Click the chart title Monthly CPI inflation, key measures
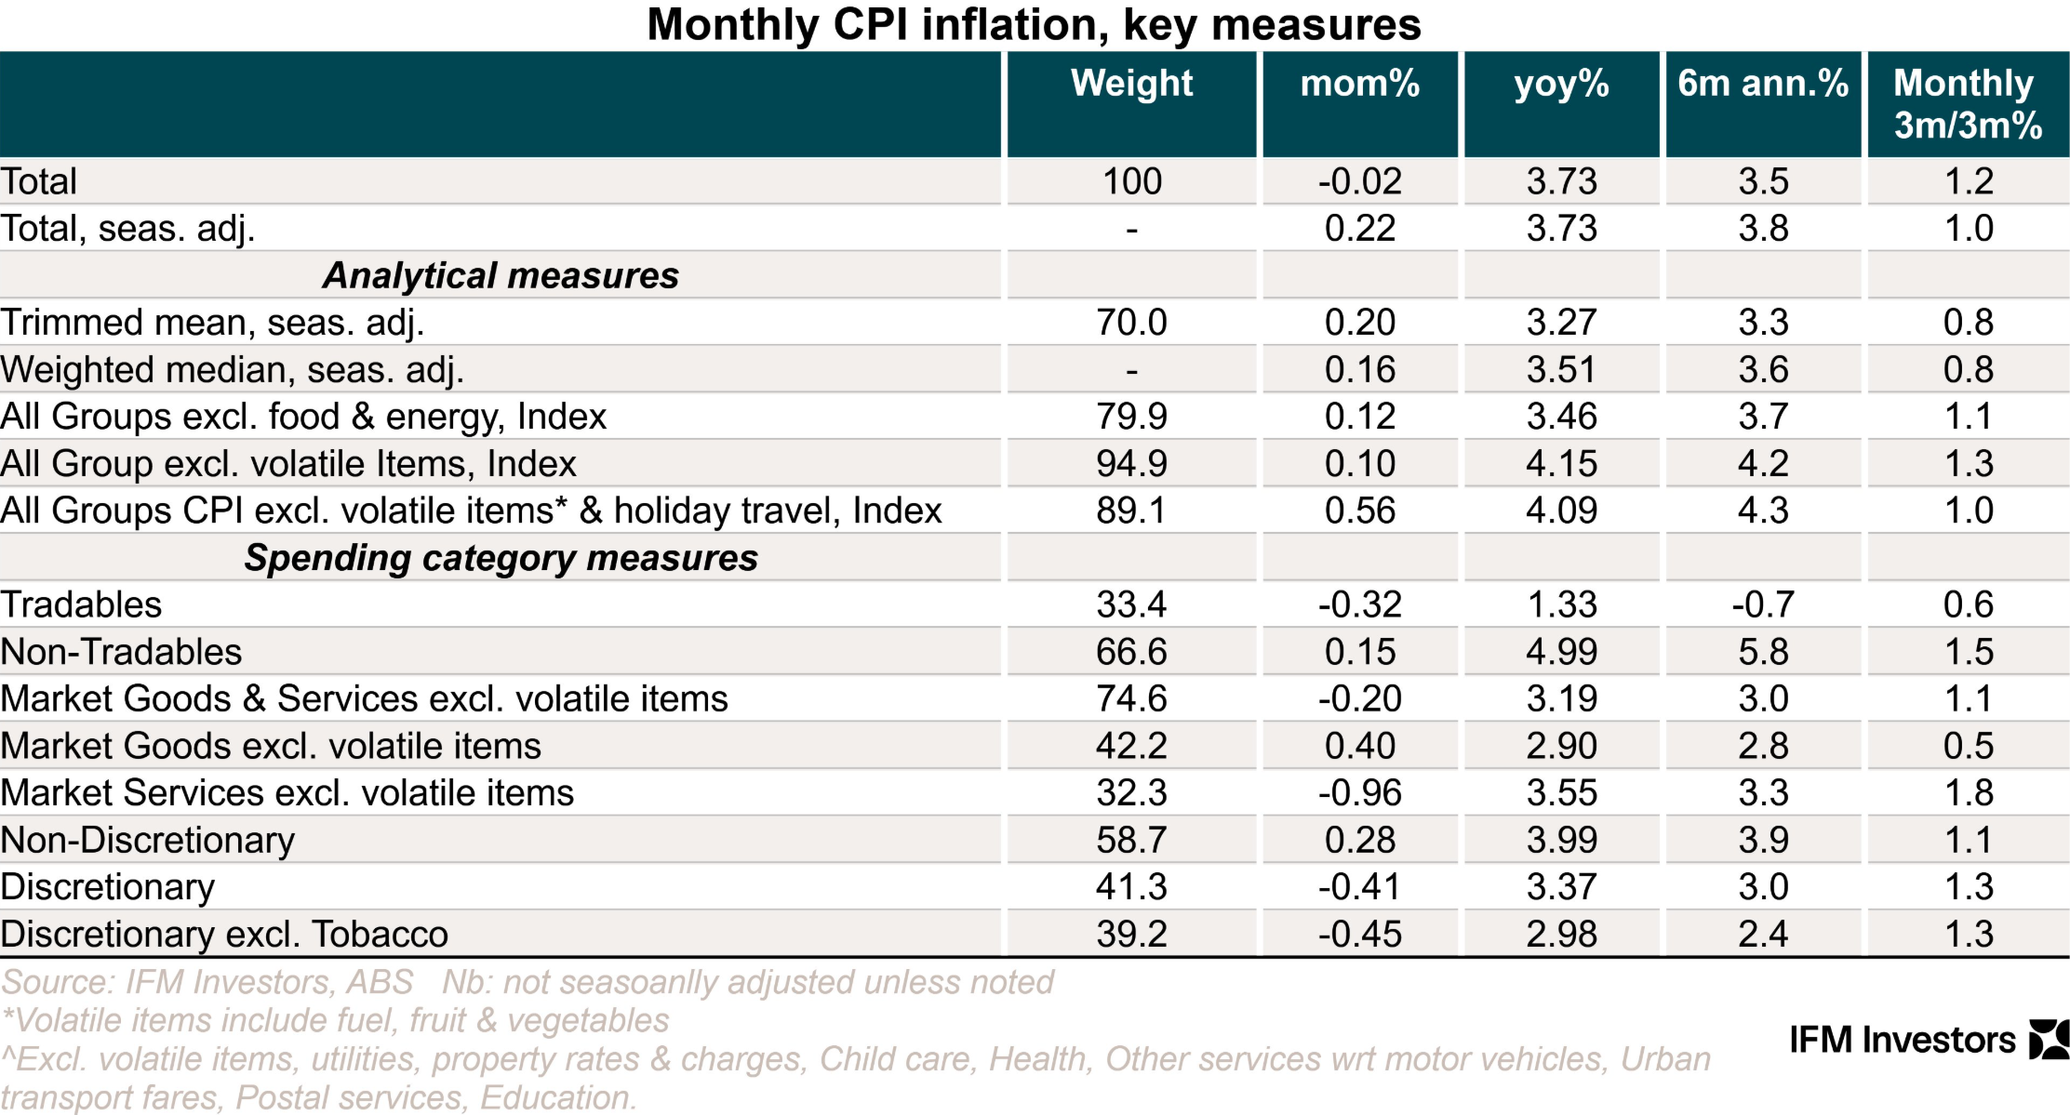(1034, 25)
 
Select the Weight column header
(1131, 84)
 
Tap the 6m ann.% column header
(1763, 84)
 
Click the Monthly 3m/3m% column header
(1967, 103)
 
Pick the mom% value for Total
(1359, 181)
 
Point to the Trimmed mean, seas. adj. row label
(212, 323)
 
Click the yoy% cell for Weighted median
(1561, 370)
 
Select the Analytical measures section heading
(501, 276)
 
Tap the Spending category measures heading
(501, 558)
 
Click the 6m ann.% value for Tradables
(1762, 605)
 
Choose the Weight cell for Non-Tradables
(1130, 652)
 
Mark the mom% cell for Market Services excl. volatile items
(1359, 793)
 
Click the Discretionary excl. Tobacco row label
(224, 935)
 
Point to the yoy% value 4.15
(1561, 464)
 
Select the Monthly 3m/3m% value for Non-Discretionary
(1968, 841)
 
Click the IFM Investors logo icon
(2048, 1040)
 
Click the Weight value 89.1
(1130, 511)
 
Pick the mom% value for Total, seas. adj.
(1359, 229)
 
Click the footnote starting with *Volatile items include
(335, 1021)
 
